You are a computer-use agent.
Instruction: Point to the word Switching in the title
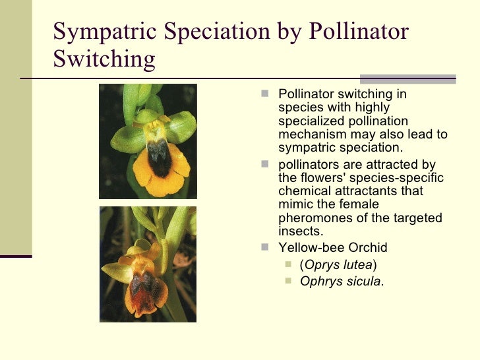tap(104, 59)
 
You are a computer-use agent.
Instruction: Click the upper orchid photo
tap(148, 141)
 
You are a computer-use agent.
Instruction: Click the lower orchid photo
tap(148, 264)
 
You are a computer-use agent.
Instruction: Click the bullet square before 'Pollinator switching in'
tap(264, 94)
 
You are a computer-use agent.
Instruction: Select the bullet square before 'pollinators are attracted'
tap(264, 165)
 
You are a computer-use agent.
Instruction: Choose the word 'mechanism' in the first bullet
tap(309, 135)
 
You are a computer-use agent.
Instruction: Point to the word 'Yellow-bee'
tap(308, 248)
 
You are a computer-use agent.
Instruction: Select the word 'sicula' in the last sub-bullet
tap(362, 282)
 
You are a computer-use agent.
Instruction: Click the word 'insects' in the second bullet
tap(299, 231)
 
